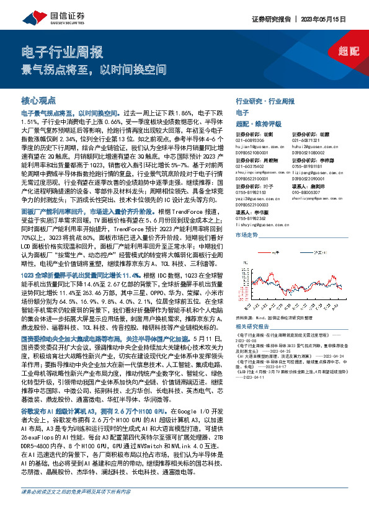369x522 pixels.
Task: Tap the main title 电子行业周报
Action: pos(61,52)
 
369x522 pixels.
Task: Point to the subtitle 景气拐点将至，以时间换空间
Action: pos(94,69)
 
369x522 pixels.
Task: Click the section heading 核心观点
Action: pos(39,100)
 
